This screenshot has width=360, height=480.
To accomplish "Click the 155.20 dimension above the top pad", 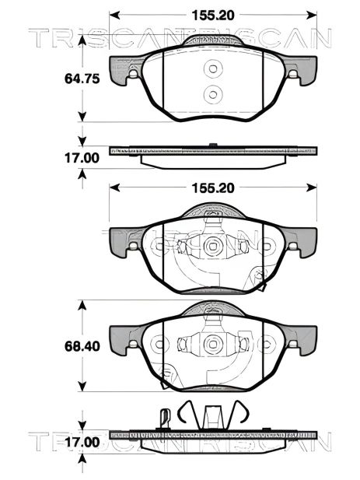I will (x=213, y=14).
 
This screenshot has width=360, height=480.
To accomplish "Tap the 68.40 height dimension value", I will (x=81, y=344).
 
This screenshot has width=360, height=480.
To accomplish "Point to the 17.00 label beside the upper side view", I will (x=81, y=156).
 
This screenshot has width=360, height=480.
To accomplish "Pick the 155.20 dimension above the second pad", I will (x=213, y=187).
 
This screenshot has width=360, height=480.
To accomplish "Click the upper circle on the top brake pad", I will (x=212, y=70).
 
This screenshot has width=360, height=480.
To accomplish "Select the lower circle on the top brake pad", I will (x=212, y=94).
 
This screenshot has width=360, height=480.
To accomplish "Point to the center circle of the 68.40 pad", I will (x=212, y=342).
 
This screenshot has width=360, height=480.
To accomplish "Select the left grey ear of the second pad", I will (x=124, y=244).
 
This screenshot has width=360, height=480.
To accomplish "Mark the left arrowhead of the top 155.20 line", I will (x=114, y=14).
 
